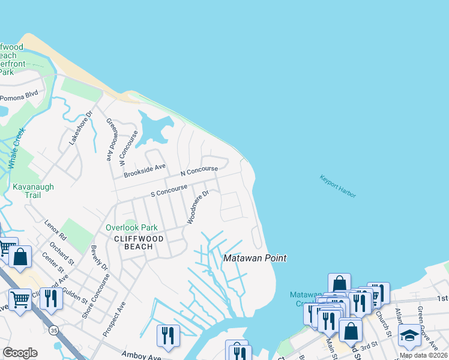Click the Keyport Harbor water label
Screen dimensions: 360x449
point(337,187)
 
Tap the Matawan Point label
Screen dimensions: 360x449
point(255,258)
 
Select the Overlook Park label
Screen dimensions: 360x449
point(131,228)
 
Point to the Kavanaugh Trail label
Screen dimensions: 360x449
point(33,191)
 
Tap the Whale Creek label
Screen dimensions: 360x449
point(16,148)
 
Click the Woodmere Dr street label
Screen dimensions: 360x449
point(197,207)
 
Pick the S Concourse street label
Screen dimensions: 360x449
point(169,190)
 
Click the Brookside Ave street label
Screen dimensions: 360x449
point(144,171)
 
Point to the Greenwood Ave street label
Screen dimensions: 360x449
point(110,139)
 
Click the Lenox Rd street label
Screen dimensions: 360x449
point(55,230)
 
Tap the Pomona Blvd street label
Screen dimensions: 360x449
point(19,95)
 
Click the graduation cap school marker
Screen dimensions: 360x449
point(409,334)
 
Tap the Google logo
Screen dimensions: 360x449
point(20,352)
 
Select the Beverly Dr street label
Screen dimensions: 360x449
point(100,257)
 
